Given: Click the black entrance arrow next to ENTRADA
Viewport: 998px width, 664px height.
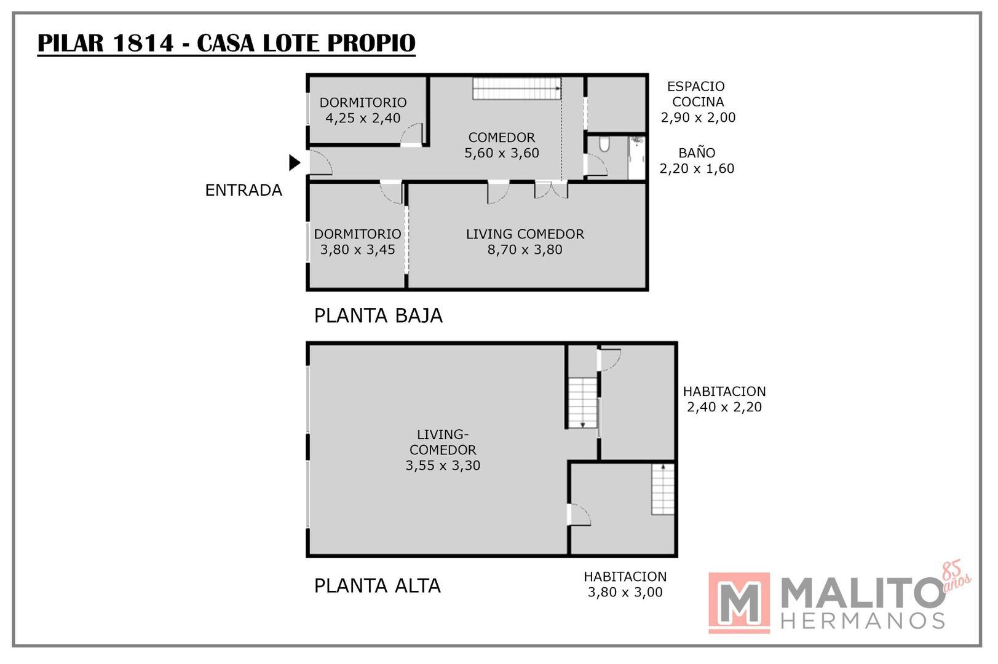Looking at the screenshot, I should point(295,162).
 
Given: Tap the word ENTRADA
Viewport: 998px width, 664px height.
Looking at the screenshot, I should point(244,191).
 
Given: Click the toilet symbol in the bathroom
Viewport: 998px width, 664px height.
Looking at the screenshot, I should point(604,144).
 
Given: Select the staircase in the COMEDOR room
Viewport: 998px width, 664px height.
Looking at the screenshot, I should point(517,89).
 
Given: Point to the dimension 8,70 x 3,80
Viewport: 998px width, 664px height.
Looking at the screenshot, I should point(525,250).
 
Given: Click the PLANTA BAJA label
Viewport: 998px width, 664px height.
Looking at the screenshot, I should point(378,316).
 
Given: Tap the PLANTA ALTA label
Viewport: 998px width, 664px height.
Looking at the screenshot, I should point(377,586).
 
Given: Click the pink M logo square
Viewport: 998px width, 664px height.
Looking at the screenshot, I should point(739,603).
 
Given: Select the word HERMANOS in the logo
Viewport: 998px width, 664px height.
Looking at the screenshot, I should point(863,621).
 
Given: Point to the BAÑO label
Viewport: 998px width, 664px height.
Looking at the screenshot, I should point(697,153).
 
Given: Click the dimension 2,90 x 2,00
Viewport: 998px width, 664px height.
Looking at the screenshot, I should point(698,117).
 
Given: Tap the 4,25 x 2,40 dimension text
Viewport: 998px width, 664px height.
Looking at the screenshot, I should point(363,118).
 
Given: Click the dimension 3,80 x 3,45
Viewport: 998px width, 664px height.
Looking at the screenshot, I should point(357,250).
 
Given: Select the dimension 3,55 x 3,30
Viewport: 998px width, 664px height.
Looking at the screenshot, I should point(443,466).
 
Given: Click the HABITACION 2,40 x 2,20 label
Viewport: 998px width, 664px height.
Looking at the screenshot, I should point(724,399).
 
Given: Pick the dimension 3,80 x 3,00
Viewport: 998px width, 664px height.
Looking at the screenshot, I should point(625,593).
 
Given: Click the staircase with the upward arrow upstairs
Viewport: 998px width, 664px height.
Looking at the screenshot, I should point(663,489).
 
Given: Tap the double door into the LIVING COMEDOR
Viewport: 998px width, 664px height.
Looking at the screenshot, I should point(551,190).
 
